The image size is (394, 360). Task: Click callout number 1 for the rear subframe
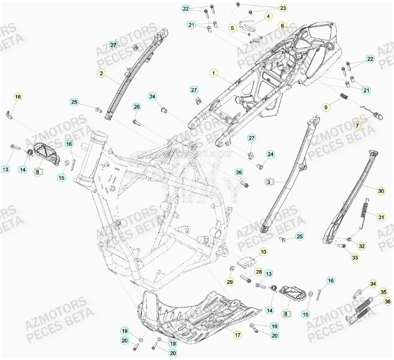[x=214, y=72]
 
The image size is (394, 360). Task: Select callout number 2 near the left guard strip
[x=100, y=72]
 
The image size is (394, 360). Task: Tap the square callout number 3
[x=269, y=182]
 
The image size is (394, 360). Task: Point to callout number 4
[x=268, y=16]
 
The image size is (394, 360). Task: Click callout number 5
[x=232, y=28]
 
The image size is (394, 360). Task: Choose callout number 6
[x=282, y=25]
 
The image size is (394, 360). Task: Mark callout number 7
[x=358, y=126]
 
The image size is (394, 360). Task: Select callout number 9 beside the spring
[x=326, y=107]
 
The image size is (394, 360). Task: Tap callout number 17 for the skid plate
[x=237, y=335]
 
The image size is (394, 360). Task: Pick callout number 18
[x=18, y=97]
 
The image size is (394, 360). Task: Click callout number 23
[x=282, y=8]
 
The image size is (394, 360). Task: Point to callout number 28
[x=258, y=272]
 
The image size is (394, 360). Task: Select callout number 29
[x=230, y=282]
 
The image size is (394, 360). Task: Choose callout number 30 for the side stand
[x=381, y=190]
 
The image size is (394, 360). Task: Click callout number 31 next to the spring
[x=381, y=216]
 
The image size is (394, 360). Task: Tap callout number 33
[x=355, y=257]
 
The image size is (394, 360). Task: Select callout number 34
[x=373, y=283]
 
